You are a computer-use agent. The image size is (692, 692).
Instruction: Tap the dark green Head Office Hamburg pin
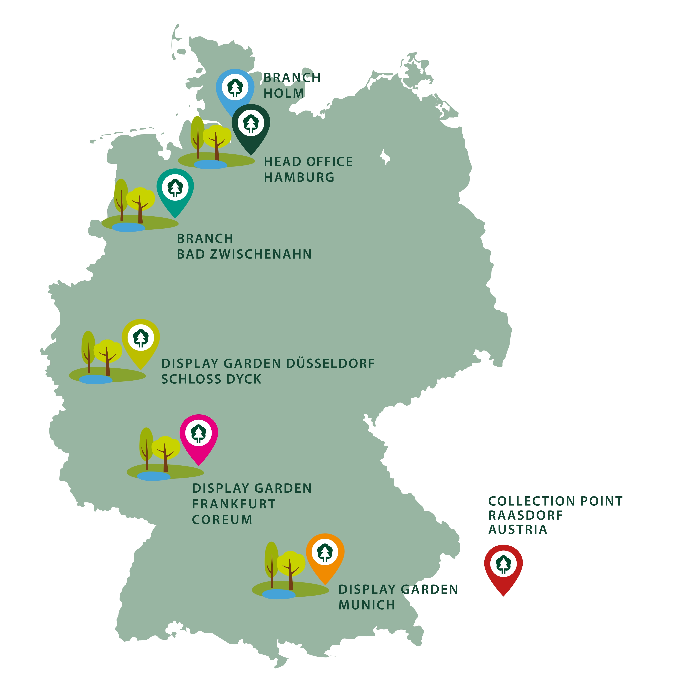[x=251, y=124]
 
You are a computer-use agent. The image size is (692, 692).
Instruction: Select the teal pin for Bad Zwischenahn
[x=175, y=187]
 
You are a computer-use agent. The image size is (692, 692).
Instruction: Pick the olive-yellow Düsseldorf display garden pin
[x=141, y=338]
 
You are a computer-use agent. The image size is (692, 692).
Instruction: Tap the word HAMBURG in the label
[x=299, y=177]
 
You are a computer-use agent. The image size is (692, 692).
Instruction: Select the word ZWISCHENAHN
[x=261, y=254]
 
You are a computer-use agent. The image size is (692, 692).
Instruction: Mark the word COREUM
[x=222, y=520]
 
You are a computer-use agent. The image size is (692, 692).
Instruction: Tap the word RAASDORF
[x=525, y=515]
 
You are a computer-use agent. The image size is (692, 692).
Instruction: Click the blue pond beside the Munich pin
[x=279, y=595]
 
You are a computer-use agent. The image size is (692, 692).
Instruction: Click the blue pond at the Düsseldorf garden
[x=96, y=379]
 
